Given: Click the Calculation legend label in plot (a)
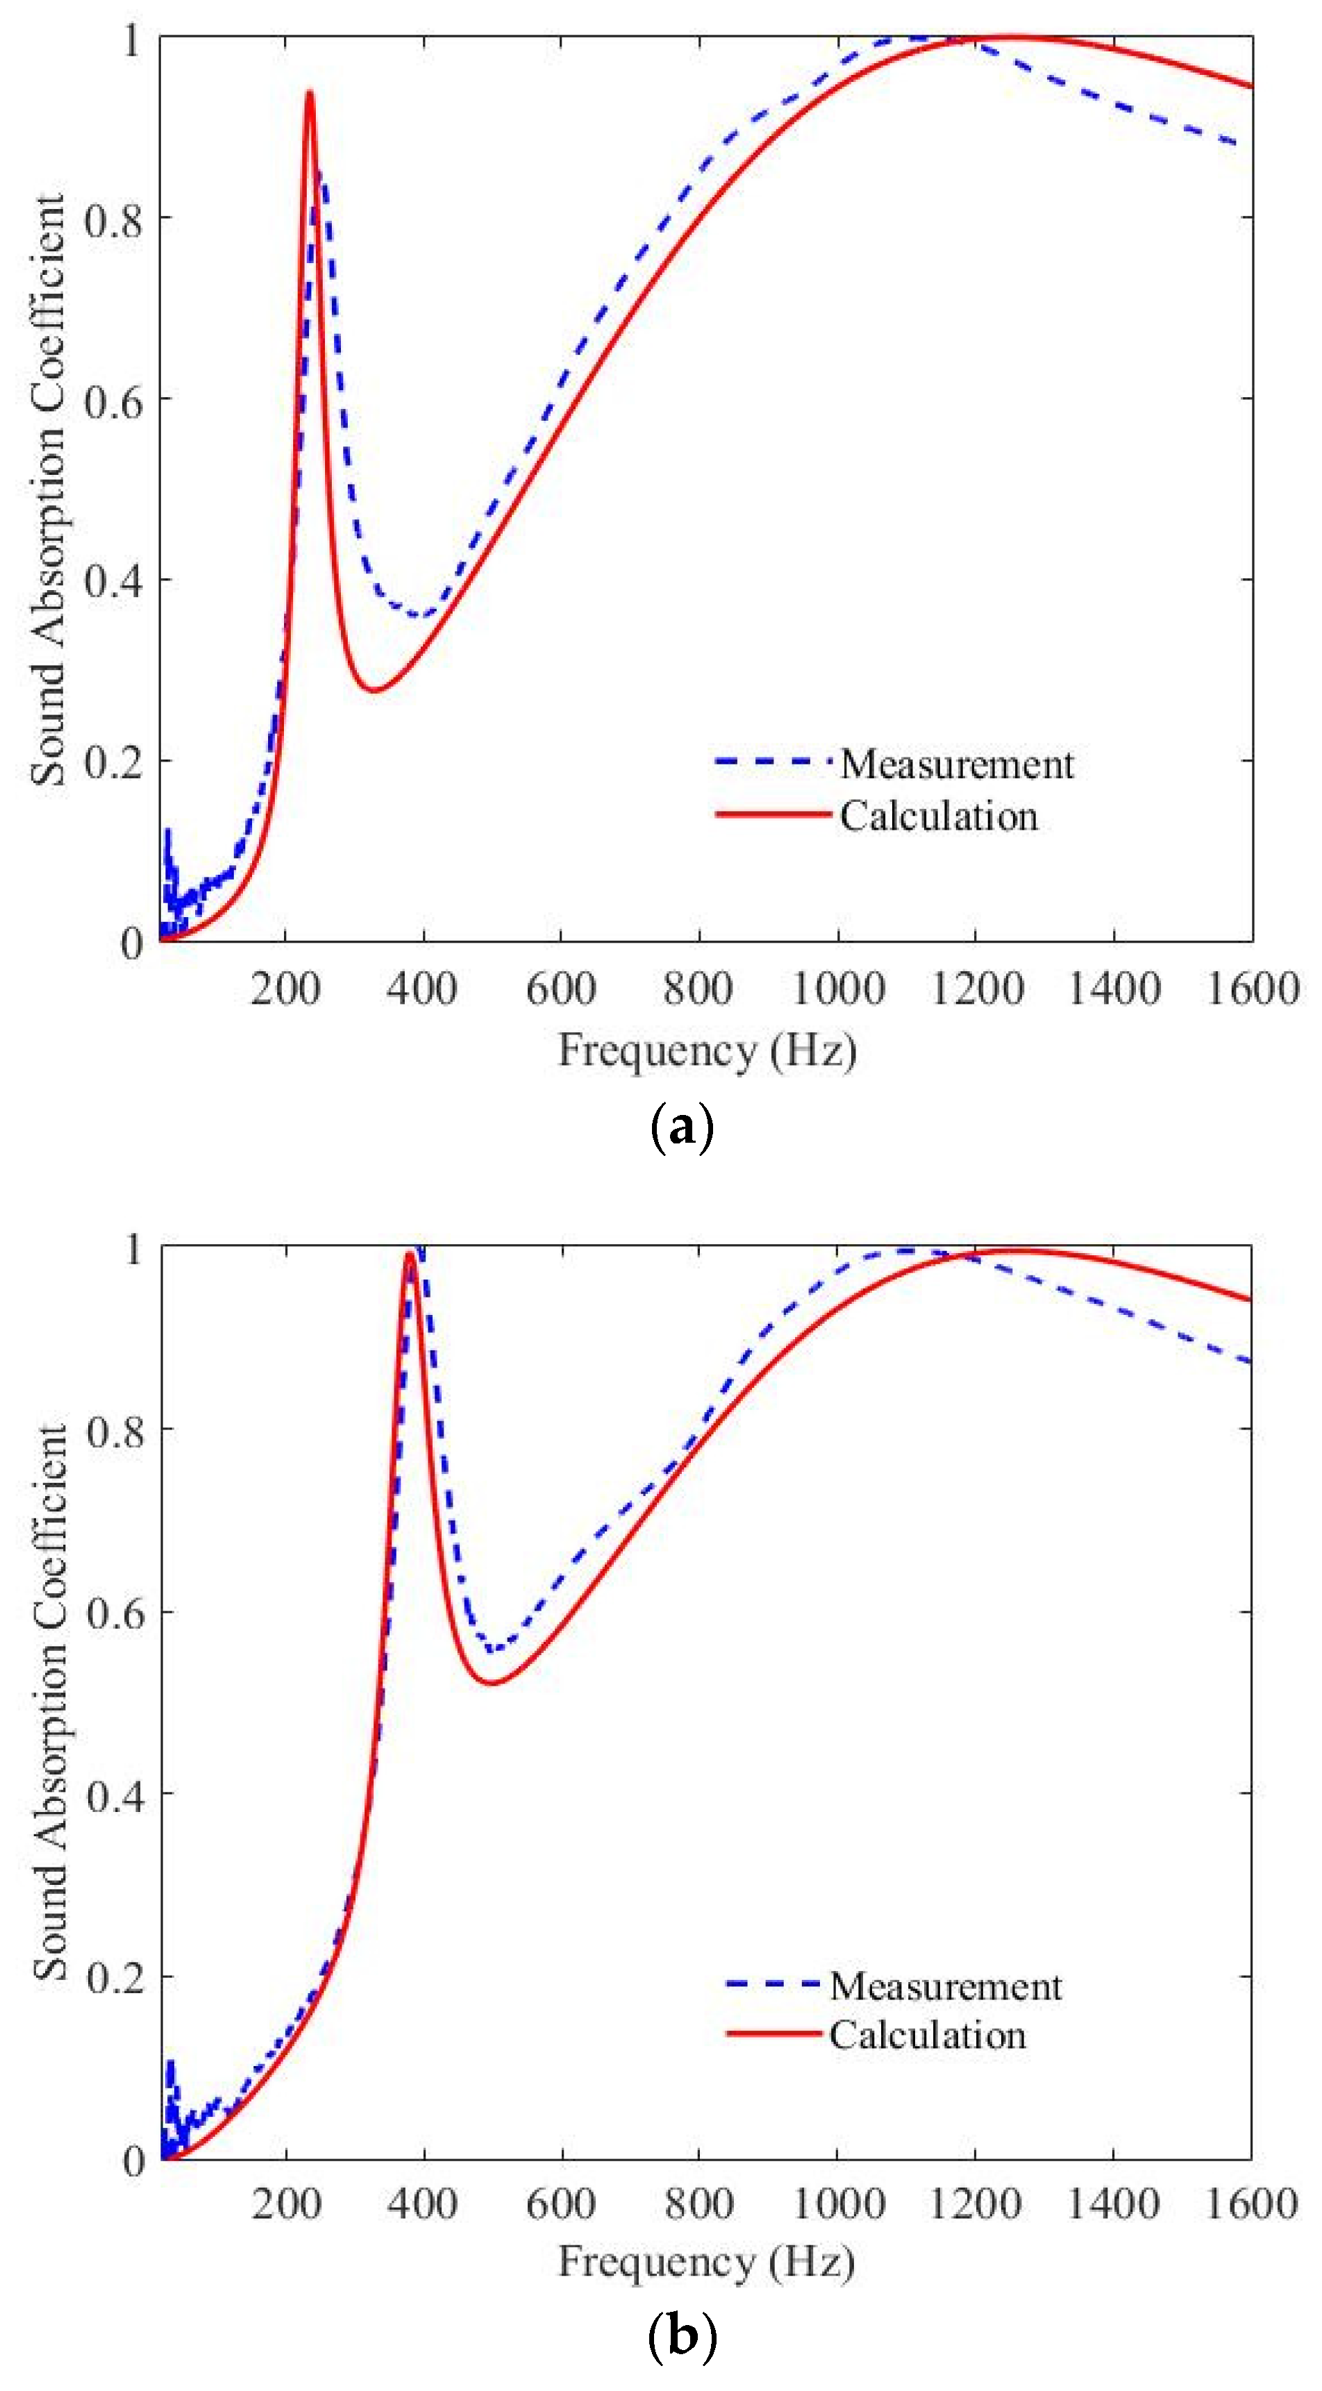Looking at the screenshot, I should pyautogui.click(x=939, y=816).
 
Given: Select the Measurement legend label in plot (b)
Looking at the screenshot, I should pyautogui.click(x=945, y=1986).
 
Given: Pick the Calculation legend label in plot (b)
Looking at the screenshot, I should pyautogui.click(x=928, y=2036).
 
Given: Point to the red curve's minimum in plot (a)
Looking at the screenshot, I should pyautogui.click(x=374, y=689).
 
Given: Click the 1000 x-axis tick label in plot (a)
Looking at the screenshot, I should pyautogui.click(x=837, y=989).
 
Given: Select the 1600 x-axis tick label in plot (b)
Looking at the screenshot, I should pyautogui.click(x=1250, y=2204).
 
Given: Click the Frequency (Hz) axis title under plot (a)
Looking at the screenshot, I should pyautogui.click(x=707, y=1052).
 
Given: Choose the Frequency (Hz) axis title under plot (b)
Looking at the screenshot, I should pyautogui.click(x=707, y=2262).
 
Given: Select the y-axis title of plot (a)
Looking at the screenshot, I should pyautogui.click(x=49, y=490).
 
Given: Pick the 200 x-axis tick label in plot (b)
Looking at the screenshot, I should pyautogui.click(x=286, y=2204).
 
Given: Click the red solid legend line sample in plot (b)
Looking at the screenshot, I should pyautogui.click(x=774, y=2033).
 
